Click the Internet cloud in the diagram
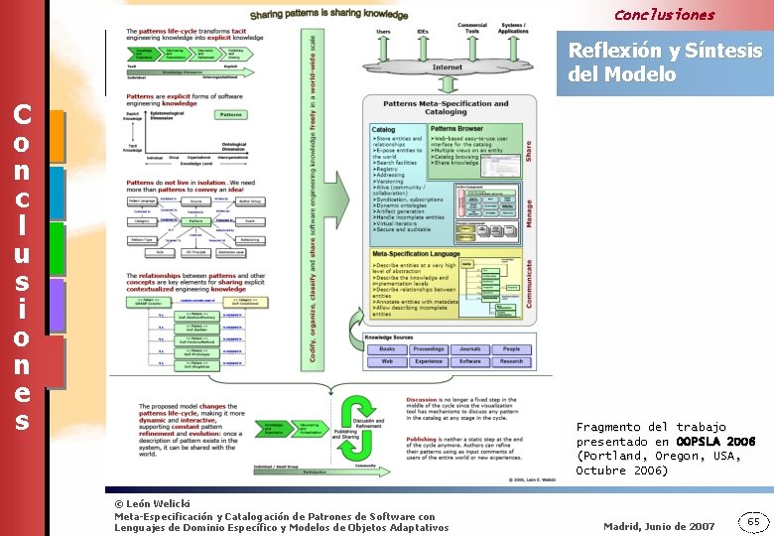pos(448,67)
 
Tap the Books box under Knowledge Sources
pos(387,349)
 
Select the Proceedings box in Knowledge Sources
pos(429,349)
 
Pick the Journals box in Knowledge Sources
pos(470,349)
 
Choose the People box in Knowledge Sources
pos(511,349)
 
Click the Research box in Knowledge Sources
pos(511,361)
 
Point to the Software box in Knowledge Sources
pos(470,361)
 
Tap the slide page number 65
pos(753,522)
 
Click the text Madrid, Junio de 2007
pos(658,526)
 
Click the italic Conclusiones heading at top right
pos(663,15)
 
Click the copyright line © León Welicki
pos(152,504)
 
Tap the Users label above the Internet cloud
pos(383,32)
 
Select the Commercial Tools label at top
pos(471,29)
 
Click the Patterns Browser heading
pos(456,129)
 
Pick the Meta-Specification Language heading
pos(417,254)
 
